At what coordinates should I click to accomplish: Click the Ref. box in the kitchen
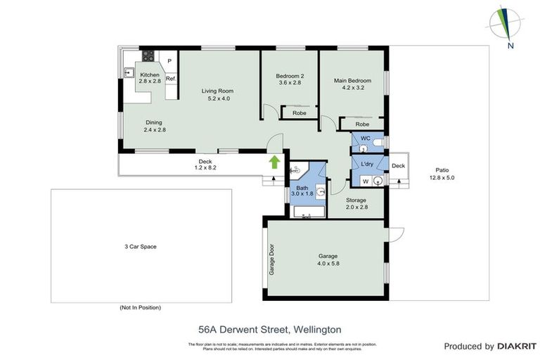click(x=170, y=79)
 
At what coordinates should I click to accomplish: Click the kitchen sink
click(x=130, y=71)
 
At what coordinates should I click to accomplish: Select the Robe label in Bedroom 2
click(x=299, y=112)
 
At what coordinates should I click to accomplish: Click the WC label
click(x=365, y=138)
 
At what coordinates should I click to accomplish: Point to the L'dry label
click(x=367, y=164)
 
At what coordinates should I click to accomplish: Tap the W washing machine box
click(x=364, y=181)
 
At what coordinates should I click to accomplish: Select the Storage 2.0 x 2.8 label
click(x=356, y=204)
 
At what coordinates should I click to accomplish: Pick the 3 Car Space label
click(x=139, y=246)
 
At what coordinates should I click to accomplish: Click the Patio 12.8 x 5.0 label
click(x=442, y=174)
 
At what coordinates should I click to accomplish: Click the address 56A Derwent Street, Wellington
click(x=270, y=328)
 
